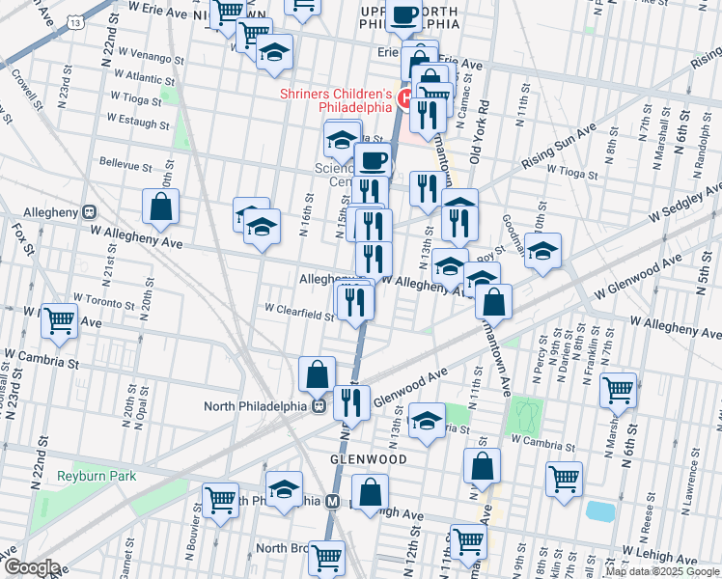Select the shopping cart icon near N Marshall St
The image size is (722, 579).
click(618, 391)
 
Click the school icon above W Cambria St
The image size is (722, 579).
click(427, 421)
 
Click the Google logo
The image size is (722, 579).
click(31, 568)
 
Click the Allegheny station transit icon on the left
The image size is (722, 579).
click(88, 211)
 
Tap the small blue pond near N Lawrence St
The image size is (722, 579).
click(600, 510)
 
